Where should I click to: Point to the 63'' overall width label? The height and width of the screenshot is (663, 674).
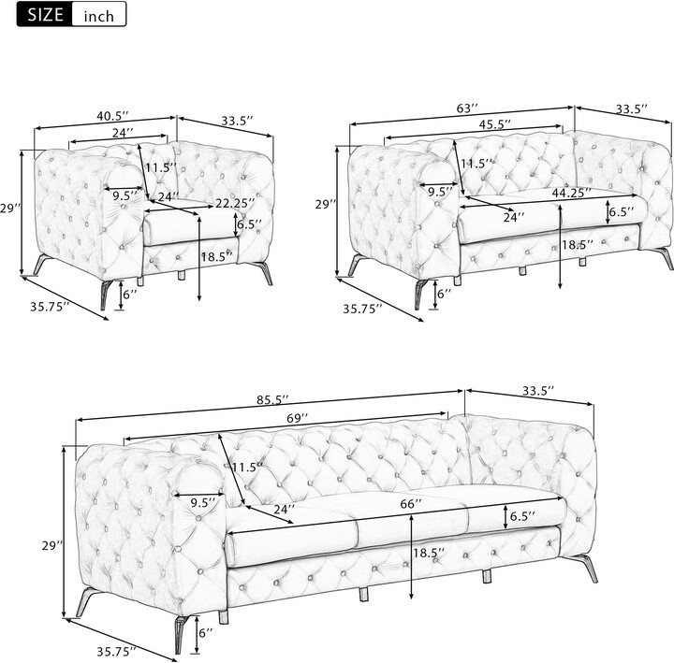pos(467,108)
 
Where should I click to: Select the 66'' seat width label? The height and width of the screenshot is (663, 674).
pos(411,503)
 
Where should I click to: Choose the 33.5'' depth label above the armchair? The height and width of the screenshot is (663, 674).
pos(239,120)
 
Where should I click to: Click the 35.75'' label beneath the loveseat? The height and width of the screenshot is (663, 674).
pos(362,308)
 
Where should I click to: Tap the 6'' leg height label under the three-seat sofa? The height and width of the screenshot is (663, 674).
pos(205,633)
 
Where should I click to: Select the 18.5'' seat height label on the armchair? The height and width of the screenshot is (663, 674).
pos(217,256)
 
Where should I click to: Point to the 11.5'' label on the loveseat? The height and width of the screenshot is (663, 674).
pos(477,164)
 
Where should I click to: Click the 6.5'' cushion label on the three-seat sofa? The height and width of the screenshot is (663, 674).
pos(521,515)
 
